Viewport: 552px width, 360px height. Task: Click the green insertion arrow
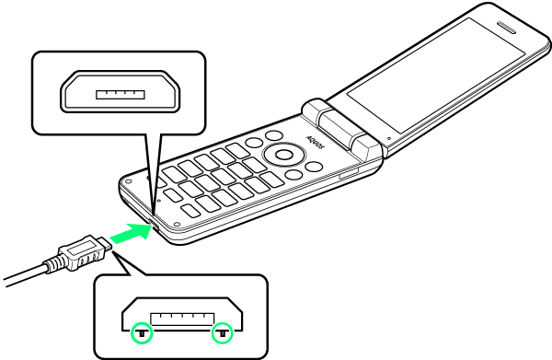[132, 233]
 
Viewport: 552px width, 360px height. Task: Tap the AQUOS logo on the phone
[315, 143]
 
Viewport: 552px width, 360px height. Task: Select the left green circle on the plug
[142, 332]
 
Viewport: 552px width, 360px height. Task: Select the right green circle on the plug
[223, 332]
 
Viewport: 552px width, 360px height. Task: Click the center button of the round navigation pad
[283, 155]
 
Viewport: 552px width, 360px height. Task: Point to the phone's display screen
[436, 75]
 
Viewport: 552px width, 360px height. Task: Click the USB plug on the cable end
[85, 252]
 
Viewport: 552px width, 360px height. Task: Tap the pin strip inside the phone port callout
[121, 95]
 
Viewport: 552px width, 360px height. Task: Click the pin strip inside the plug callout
[182, 319]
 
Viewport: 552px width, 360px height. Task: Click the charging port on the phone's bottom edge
[154, 225]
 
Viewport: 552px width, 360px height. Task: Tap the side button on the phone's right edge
[349, 173]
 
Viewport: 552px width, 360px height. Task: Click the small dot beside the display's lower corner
[388, 138]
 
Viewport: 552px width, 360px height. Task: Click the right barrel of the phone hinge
[366, 147]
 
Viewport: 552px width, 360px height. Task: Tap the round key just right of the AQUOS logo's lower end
[315, 167]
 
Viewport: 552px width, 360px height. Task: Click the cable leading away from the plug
[24, 277]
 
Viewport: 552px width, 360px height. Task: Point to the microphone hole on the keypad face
[160, 201]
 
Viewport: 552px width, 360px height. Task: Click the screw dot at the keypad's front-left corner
[128, 181]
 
